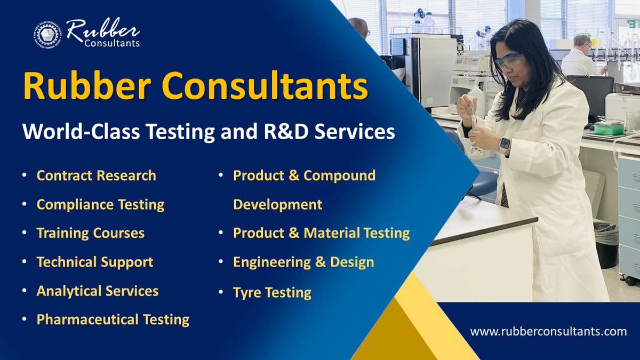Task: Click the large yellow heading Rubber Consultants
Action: click(195, 87)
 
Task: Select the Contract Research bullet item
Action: click(96, 175)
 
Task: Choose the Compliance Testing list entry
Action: click(100, 204)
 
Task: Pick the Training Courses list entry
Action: click(90, 233)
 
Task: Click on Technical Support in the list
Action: click(94, 262)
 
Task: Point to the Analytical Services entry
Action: click(97, 291)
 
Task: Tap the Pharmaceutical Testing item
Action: click(113, 319)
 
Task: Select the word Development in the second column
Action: click(277, 204)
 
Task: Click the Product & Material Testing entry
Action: click(321, 233)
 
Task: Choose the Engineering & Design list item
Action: click(303, 262)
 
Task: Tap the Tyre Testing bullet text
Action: click(272, 292)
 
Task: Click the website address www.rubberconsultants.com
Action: click(548, 331)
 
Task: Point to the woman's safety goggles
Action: click(508, 62)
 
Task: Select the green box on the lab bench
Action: click(609, 129)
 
